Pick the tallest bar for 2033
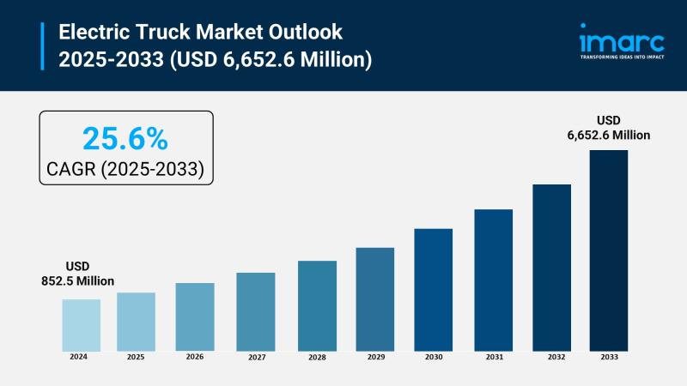tap(608, 250)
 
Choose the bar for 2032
tap(551, 267)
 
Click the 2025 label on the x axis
tap(136, 356)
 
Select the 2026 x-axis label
tap(195, 356)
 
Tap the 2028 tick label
tap(317, 356)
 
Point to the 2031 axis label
tap(493, 356)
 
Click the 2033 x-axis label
tap(608, 356)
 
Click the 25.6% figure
tap(125, 138)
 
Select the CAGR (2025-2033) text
tap(125, 169)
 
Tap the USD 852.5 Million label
tap(77, 274)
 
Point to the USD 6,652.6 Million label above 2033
tap(608, 127)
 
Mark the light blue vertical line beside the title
tap(42, 46)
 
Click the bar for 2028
tap(317, 305)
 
